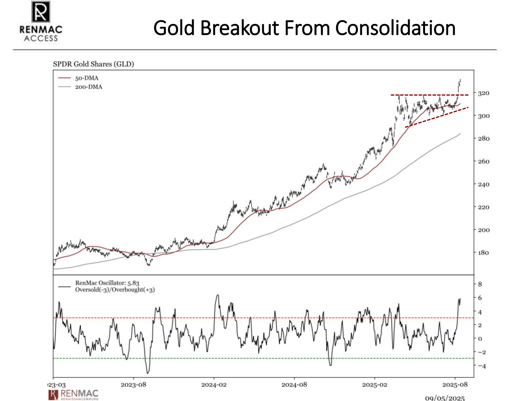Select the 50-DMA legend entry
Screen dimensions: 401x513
click(87, 78)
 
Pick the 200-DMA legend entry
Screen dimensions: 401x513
click(89, 87)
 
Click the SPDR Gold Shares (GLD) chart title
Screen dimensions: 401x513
click(93, 64)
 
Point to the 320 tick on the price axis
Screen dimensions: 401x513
click(484, 93)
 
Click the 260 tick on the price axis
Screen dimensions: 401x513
click(484, 162)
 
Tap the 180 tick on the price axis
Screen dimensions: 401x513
click(484, 253)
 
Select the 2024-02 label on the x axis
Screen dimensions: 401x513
click(214, 385)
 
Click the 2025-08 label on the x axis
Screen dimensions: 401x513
click(455, 385)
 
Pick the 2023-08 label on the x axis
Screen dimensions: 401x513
click(133, 385)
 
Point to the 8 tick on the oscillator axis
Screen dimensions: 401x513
click(480, 284)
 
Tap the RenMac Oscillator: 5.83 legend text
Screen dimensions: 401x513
click(107, 283)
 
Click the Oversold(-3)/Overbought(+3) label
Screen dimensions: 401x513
click(115, 290)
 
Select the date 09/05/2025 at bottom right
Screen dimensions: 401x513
click(445, 398)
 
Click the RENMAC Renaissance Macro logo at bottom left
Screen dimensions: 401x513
click(74, 394)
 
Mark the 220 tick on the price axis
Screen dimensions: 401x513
click(484, 207)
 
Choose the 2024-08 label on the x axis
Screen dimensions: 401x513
click(294, 385)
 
